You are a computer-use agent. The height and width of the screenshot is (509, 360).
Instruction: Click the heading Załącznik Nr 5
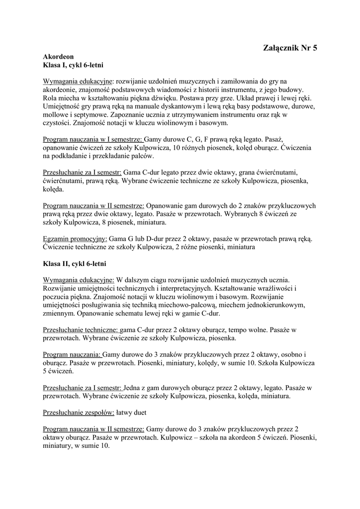pyautogui.click(x=289, y=48)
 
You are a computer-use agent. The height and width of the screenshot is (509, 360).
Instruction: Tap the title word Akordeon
pyautogui.click(x=59, y=57)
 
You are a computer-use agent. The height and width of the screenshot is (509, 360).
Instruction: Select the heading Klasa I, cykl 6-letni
pyautogui.click(x=73, y=65)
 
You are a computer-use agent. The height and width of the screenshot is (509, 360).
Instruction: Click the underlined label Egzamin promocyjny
pyautogui.click(x=75, y=239)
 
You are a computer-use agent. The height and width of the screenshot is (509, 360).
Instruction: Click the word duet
pyautogui.click(x=154, y=412)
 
